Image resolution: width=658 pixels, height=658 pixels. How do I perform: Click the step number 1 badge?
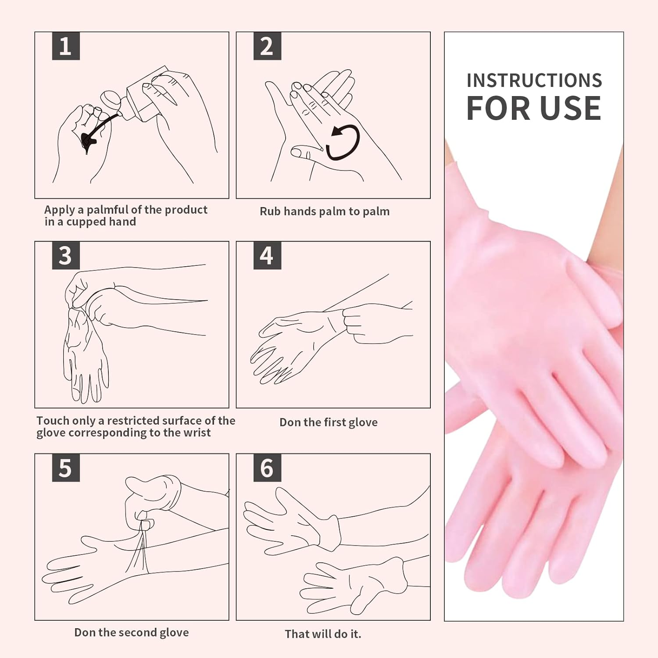coord(66,46)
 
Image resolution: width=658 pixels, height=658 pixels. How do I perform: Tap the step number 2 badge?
coord(267,46)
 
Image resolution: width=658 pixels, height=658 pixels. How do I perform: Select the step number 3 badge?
coord(66,255)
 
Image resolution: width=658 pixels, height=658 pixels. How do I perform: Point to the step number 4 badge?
coord(267,255)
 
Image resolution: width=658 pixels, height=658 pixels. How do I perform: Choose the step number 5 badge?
coord(66,468)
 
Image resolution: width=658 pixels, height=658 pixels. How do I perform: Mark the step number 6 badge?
coord(267,468)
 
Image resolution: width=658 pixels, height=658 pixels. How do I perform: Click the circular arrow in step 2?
coord(343,141)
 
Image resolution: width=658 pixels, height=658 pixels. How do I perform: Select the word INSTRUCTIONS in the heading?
coord(534,81)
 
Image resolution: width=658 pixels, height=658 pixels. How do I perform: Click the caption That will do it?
coord(323,634)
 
